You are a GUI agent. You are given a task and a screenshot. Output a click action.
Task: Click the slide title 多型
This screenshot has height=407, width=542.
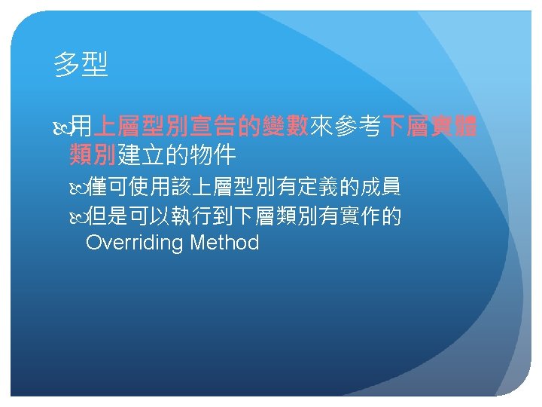81,64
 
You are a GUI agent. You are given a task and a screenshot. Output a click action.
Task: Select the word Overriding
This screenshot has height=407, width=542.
134,242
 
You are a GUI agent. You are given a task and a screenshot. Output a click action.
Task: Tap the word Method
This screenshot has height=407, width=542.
224,242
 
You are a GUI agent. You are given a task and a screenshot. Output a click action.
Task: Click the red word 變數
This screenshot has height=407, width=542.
285,125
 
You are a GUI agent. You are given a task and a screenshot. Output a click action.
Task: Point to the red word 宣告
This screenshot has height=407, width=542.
213,125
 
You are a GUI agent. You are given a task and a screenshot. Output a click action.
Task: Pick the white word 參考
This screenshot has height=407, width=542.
358,125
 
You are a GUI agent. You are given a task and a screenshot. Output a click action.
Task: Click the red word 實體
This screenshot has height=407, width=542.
454,125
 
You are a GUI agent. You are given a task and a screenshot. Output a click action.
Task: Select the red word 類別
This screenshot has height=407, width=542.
93,155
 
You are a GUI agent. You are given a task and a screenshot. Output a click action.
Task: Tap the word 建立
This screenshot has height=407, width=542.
141,155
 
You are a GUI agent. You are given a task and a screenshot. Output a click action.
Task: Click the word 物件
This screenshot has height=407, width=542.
213,155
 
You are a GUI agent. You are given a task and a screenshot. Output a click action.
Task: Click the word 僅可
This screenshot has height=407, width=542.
106,187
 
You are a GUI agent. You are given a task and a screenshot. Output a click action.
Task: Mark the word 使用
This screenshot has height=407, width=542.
148,187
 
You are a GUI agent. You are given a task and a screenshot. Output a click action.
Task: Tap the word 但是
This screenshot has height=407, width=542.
106,216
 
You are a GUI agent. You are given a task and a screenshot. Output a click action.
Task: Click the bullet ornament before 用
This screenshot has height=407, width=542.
62,127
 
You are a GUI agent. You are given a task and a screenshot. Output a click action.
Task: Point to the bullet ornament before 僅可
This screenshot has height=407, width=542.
78,188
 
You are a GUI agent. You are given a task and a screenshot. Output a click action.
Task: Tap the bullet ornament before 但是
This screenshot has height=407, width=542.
78,218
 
